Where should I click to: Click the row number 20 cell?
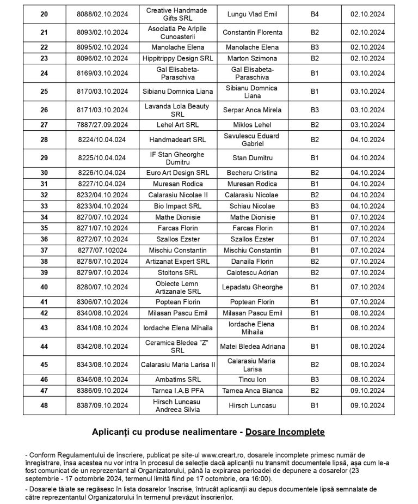[x=44, y=14]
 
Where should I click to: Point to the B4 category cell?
[x=314, y=14]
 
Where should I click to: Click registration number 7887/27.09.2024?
[x=102, y=125]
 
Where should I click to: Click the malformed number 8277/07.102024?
[x=102, y=250]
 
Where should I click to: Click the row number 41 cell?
[x=44, y=302]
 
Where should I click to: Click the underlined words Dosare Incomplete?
[x=285, y=432]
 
